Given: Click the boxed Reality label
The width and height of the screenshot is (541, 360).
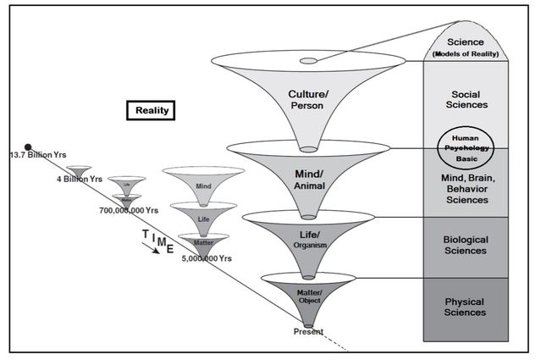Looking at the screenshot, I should (x=150, y=110).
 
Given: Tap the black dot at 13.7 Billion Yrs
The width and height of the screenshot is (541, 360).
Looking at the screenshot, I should (x=29, y=147).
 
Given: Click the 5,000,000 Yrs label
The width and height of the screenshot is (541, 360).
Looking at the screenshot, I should (x=207, y=257).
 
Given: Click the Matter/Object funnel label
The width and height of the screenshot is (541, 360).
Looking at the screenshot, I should (x=309, y=295).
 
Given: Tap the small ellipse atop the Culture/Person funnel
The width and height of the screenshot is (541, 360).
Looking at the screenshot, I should (x=308, y=61).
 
